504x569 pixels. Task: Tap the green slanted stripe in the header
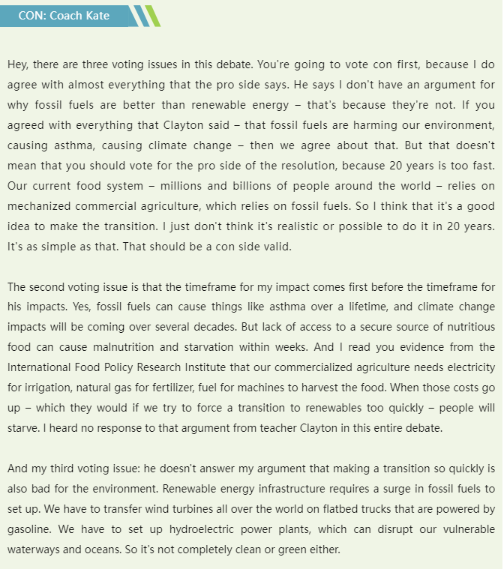(x=152, y=16)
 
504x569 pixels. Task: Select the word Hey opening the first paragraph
(x=18, y=65)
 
